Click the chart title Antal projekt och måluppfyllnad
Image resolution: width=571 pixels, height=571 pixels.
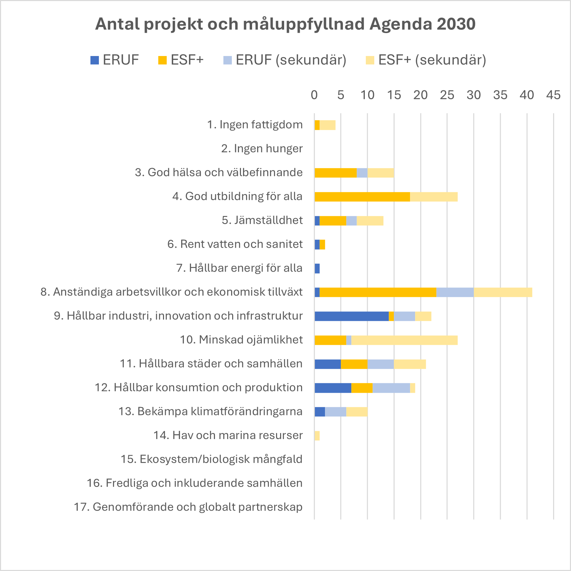[x=285, y=24]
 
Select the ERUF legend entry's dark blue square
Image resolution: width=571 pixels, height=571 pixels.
[x=95, y=60]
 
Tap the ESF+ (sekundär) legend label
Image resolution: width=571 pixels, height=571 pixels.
[x=432, y=60]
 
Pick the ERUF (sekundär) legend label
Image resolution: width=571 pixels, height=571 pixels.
[x=291, y=60]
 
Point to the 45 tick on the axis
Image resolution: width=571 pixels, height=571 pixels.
[x=553, y=95]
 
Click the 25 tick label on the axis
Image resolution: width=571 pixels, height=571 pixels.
[x=447, y=95]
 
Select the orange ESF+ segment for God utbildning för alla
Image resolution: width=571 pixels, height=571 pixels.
[x=362, y=197]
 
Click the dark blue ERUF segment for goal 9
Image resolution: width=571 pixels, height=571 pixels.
[x=351, y=316]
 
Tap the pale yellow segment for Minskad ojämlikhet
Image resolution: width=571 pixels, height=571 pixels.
[x=404, y=340]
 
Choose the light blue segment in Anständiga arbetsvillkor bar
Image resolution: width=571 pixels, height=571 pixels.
[x=455, y=292]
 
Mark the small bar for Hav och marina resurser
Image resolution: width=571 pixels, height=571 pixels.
[x=317, y=436]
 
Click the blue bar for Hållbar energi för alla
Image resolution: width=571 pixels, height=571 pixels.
[x=317, y=269]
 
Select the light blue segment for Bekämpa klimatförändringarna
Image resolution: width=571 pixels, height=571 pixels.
[x=335, y=412]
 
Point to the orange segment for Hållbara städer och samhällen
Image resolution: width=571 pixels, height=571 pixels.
[x=354, y=364]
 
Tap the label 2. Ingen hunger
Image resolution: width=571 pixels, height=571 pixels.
[x=262, y=148]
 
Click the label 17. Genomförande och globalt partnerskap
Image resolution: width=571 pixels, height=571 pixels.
[x=188, y=507]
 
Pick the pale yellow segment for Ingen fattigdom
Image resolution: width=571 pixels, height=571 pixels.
[x=327, y=125]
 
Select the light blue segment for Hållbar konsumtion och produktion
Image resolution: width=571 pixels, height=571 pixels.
[x=391, y=388]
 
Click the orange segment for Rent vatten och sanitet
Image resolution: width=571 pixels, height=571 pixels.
[x=322, y=245]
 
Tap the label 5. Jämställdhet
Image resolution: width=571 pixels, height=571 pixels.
[x=262, y=220]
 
